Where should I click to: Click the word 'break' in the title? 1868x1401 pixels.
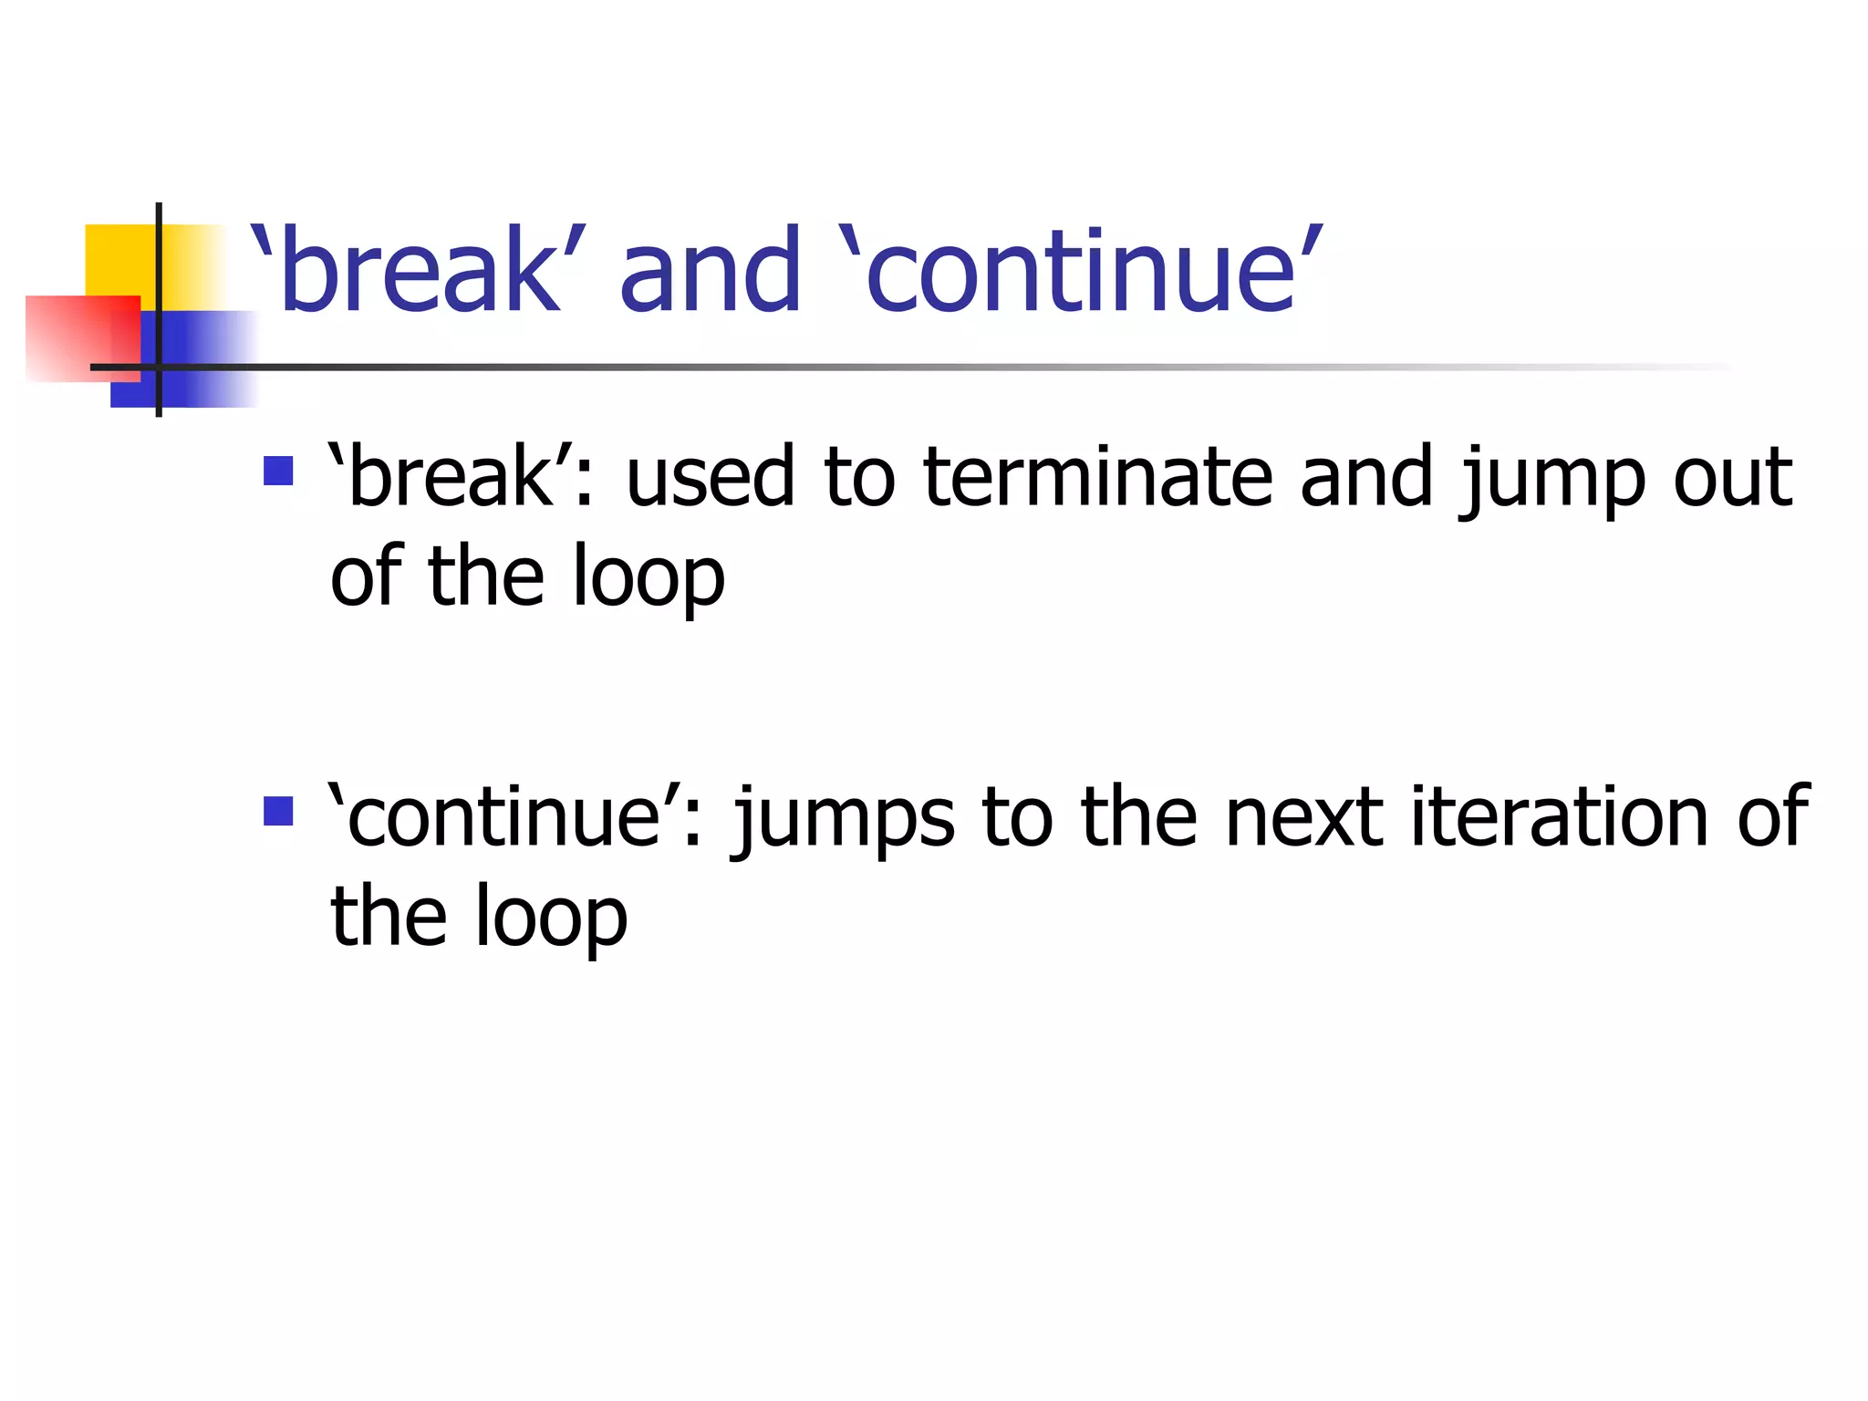point(420,271)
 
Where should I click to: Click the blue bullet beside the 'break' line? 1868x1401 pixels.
point(278,471)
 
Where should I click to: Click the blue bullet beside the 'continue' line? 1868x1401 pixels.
point(278,811)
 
